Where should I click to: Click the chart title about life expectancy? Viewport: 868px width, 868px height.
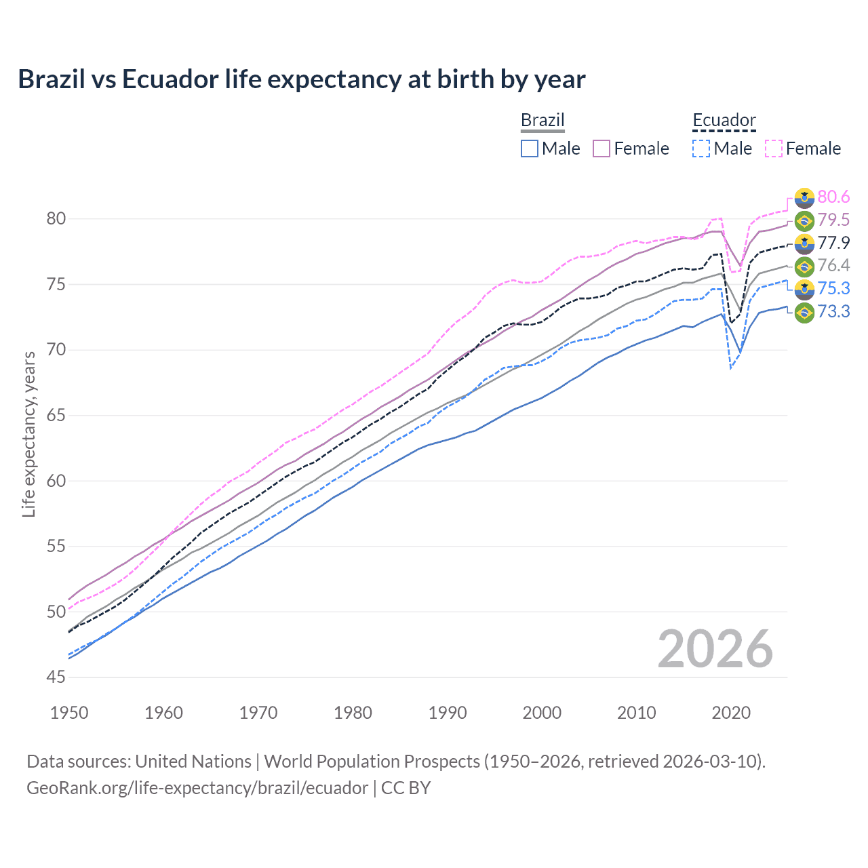[302, 79]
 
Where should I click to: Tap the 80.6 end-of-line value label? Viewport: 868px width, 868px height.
[833, 197]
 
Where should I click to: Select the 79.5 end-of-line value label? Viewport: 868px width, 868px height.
[833, 220]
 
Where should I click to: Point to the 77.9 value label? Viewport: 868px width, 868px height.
[833, 243]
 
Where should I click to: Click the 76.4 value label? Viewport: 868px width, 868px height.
[833, 265]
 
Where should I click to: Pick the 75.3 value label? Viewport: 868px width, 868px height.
[833, 288]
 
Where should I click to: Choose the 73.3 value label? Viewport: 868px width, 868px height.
[833, 311]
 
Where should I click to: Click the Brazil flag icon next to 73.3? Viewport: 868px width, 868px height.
[804, 312]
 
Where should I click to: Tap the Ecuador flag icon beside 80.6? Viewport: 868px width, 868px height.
[804, 197]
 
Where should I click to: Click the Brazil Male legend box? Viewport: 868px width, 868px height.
[530, 149]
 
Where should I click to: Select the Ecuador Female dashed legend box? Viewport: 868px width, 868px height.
[774, 149]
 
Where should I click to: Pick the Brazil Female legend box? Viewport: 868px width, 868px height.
[601, 149]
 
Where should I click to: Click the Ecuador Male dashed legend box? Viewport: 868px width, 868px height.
[701, 149]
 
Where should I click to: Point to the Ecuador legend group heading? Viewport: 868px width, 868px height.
[724, 121]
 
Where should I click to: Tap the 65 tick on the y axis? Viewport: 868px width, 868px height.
[56, 415]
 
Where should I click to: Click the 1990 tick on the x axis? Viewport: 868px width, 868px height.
[448, 713]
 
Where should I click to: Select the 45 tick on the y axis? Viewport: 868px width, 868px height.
[56, 677]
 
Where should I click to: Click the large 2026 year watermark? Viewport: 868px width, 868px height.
[715, 649]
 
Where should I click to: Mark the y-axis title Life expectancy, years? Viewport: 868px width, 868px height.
[28, 434]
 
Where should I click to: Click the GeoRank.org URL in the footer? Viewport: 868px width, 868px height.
[197, 788]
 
